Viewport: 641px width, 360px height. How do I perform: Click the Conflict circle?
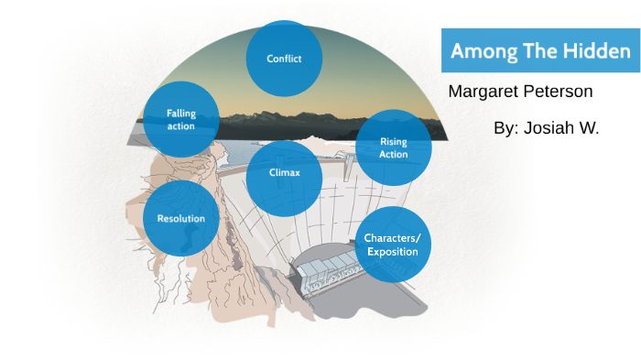point(284,59)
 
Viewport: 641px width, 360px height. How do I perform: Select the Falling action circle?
point(181,119)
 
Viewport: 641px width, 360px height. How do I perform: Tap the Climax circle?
point(284,172)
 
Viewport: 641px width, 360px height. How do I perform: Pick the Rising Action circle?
point(393,147)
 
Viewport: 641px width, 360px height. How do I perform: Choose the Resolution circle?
point(181,218)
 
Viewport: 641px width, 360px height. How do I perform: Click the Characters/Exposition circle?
point(392,244)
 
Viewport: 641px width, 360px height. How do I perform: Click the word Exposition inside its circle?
point(392,251)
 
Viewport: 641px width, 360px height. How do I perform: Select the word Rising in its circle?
point(393,141)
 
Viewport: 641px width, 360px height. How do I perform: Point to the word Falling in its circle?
point(181,114)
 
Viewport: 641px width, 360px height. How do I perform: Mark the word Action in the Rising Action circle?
point(393,154)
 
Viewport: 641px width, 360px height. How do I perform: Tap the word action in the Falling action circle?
point(181,125)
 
